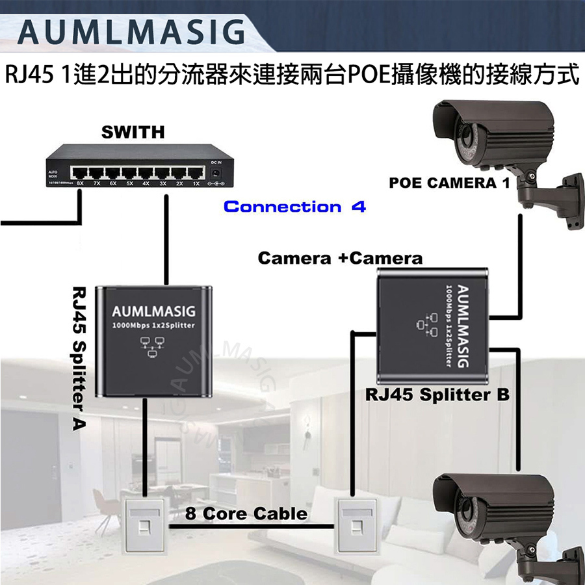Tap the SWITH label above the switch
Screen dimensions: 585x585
click(x=133, y=132)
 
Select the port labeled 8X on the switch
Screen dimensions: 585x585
click(x=80, y=174)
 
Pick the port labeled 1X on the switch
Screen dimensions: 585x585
click(x=194, y=174)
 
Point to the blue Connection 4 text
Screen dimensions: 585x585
click(x=294, y=207)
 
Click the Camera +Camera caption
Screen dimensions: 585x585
click(x=340, y=258)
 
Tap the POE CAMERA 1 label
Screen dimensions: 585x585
click(x=448, y=183)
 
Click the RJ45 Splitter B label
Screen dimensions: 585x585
click(x=437, y=395)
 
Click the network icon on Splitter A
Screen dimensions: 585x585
click(x=153, y=348)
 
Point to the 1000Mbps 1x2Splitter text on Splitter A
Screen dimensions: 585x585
click(x=153, y=326)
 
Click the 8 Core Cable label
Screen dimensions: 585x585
click(x=246, y=513)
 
